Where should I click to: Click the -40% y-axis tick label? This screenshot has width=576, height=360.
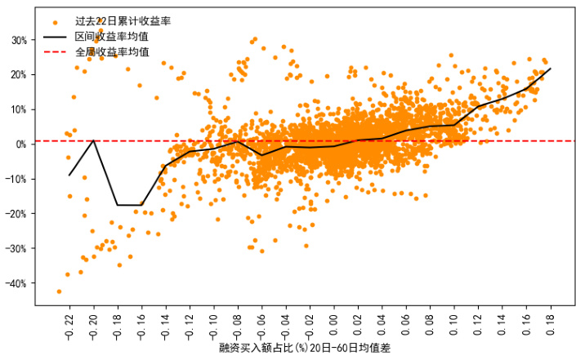click(x=16, y=283)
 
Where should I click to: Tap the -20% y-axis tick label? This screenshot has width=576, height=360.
click(x=16, y=214)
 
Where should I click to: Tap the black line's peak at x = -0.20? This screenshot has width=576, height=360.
click(x=93, y=140)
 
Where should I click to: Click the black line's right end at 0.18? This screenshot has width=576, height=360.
click(x=551, y=69)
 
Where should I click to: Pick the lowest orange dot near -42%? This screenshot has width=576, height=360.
click(x=59, y=291)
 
